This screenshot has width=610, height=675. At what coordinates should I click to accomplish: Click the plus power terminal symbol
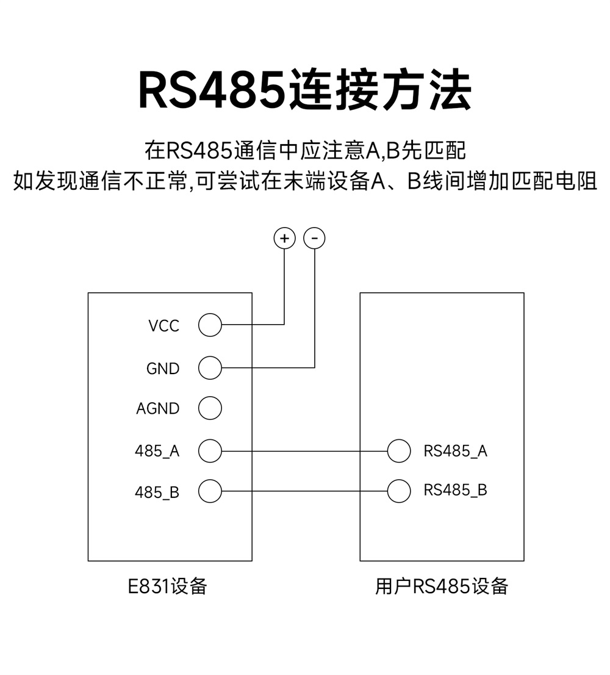(284, 238)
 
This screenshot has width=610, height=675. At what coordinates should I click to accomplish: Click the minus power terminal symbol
(314, 238)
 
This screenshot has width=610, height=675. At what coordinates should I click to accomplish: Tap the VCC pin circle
(210, 325)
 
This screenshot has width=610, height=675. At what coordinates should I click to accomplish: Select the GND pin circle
(210, 368)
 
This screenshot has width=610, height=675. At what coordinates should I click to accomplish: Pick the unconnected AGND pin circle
(210, 408)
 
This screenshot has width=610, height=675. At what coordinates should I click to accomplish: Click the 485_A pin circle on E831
(210, 451)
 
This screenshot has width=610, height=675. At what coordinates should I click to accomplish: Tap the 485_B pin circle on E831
(210, 491)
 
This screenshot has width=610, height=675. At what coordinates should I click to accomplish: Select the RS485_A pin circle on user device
(399, 451)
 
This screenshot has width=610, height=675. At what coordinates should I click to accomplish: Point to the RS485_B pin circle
(399, 491)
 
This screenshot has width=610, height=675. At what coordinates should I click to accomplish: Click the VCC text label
(163, 326)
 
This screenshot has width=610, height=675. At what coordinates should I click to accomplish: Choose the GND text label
(163, 369)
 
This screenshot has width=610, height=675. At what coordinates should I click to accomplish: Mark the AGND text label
(157, 409)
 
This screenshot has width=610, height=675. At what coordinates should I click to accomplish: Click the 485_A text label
(157, 452)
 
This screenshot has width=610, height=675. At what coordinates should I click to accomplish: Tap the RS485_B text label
(455, 491)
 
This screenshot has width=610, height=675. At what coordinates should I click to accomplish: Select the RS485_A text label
(455, 452)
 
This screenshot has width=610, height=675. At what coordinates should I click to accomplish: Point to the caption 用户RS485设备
(441, 587)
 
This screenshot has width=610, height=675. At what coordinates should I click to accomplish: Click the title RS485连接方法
(305, 90)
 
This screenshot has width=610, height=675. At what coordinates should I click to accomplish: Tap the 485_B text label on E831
(157, 492)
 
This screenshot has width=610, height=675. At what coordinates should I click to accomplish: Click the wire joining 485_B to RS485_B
(305, 491)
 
